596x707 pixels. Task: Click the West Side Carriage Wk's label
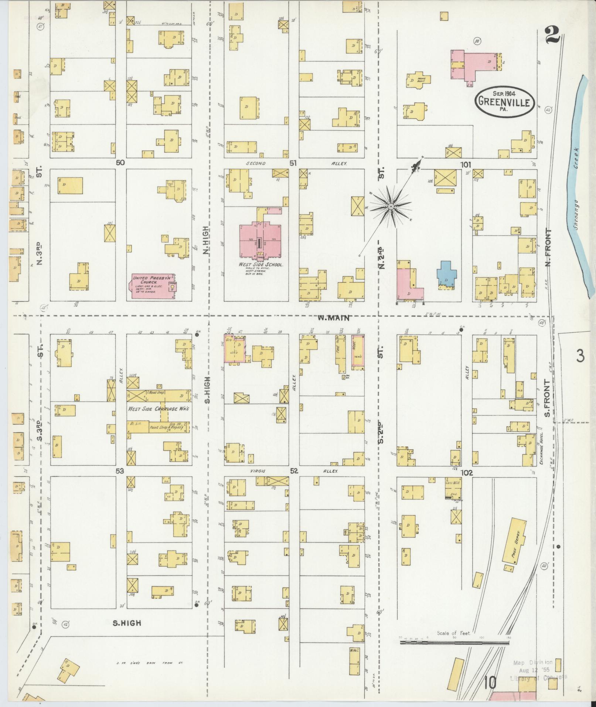159,409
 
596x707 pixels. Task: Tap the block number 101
466,164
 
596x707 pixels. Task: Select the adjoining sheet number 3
580,356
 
